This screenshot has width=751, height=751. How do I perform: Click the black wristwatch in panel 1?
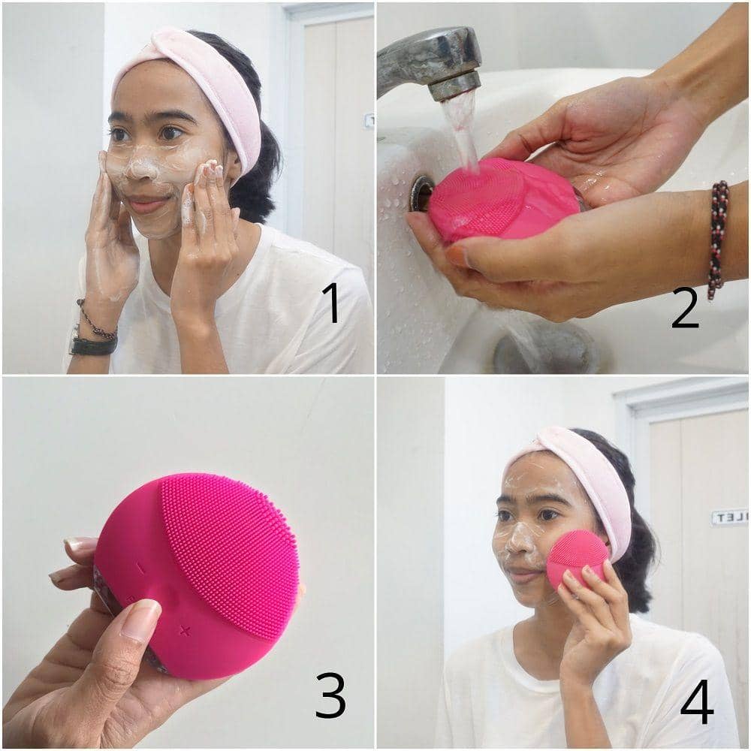coord(92,345)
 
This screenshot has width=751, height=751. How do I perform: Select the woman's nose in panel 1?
coord(136,168)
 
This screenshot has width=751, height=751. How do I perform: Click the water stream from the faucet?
coord(460,131)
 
